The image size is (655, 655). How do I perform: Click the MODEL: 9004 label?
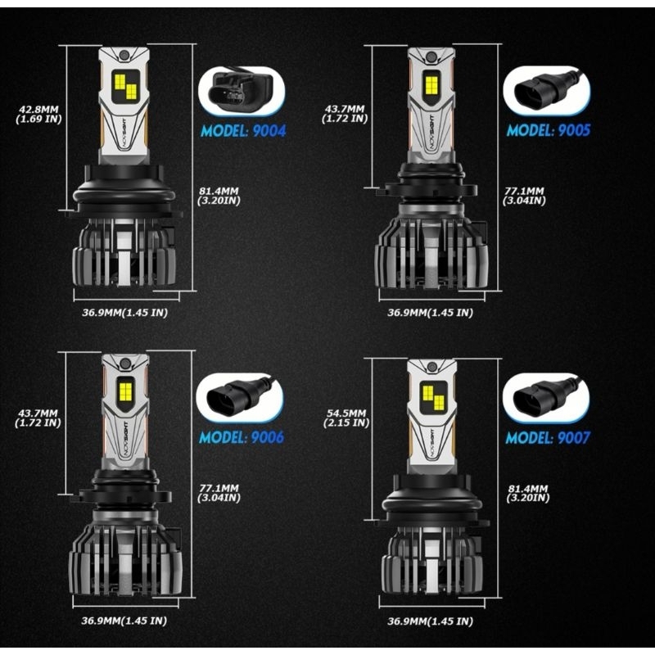242,129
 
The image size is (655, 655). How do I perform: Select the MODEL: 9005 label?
549,129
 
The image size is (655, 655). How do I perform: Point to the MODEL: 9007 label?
548,437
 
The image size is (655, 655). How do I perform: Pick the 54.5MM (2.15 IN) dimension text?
347,418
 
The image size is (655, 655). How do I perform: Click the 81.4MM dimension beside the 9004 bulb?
216,197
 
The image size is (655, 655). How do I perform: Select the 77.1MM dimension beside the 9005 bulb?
525,196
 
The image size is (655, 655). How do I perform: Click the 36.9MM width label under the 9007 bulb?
430,621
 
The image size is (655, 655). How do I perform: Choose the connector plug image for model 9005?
544,85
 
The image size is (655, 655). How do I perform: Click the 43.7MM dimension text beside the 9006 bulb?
37,418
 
